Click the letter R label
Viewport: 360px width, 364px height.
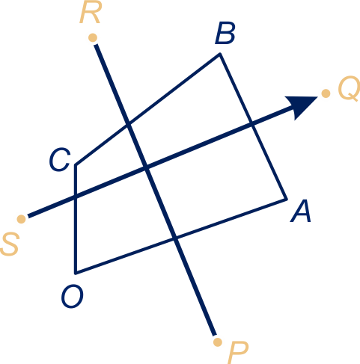[x=90, y=13]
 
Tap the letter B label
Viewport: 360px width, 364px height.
[x=225, y=33]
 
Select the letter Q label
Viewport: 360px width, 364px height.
[x=349, y=88]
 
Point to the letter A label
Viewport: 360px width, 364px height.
[x=301, y=212]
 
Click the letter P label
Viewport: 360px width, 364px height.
[x=238, y=353]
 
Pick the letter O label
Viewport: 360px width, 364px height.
[x=73, y=297]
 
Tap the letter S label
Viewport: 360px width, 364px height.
[x=10, y=244]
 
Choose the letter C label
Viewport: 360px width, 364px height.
[x=60, y=160]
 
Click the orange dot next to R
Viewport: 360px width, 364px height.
[x=93, y=38]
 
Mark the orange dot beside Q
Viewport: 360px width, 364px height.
[x=326, y=93]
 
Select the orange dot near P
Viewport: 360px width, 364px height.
[x=218, y=342]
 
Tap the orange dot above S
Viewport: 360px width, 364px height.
[x=22, y=219]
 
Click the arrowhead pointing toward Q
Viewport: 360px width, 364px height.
[x=301, y=106]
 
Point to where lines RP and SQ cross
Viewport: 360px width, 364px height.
[x=147, y=167]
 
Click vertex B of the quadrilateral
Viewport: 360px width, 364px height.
[x=220, y=54]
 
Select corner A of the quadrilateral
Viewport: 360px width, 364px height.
[x=287, y=200]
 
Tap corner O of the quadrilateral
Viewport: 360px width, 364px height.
[x=76, y=273]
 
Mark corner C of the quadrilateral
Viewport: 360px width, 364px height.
[x=76, y=164]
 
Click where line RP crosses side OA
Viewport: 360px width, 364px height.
[x=175, y=238]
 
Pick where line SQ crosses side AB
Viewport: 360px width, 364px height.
[x=252, y=124]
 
